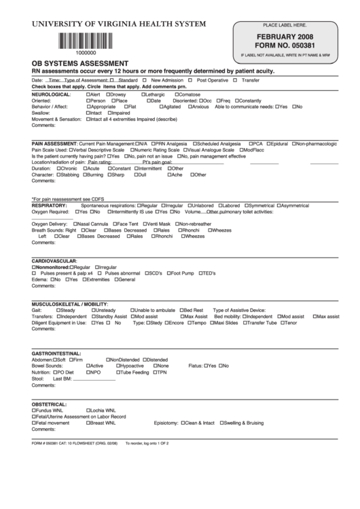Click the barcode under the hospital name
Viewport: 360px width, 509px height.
[x=86, y=39]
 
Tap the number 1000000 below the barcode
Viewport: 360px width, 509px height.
[x=86, y=52]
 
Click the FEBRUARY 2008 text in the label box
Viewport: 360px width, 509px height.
[x=289, y=37]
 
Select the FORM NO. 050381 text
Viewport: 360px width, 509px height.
[x=289, y=46]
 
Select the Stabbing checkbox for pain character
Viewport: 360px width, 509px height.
[x=58, y=175]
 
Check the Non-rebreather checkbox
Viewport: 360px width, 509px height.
[x=177, y=224]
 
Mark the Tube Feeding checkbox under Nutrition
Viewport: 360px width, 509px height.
[x=119, y=372]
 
